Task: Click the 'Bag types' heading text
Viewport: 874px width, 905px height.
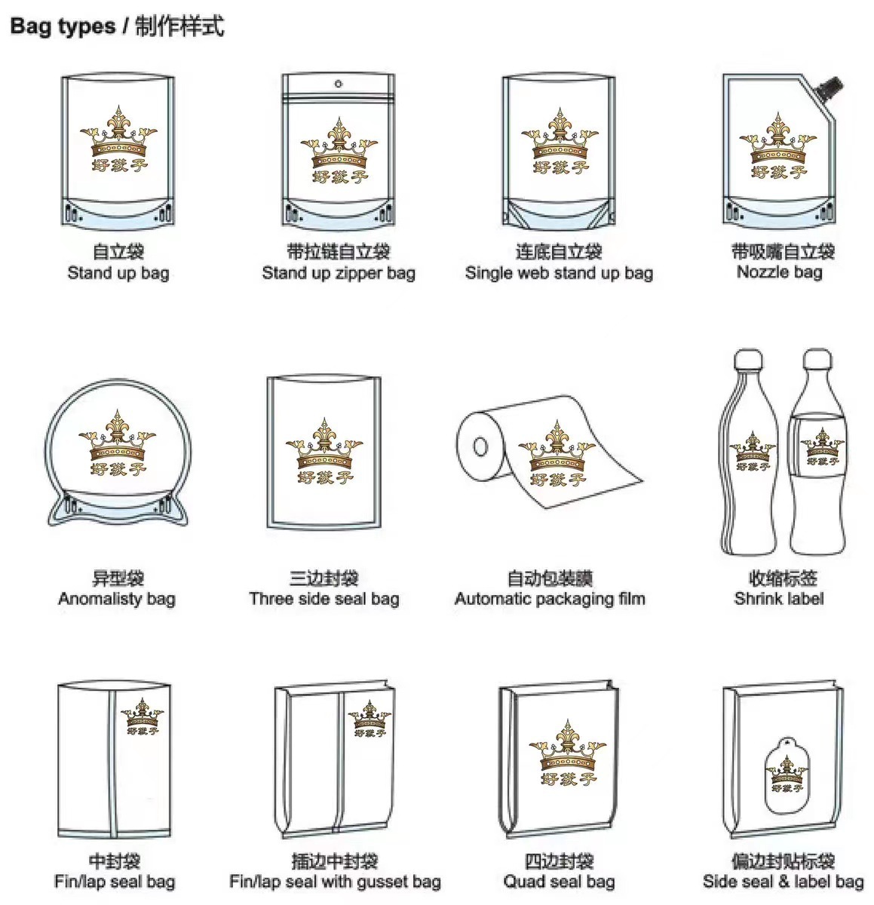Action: pos(63,26)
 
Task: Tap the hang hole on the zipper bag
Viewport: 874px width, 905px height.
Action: pos(339,84)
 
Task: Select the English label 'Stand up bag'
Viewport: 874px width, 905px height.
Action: pos(118,272)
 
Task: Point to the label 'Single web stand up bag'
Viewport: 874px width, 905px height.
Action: pos(560,272)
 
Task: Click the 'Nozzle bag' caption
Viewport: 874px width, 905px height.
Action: pos(780,271)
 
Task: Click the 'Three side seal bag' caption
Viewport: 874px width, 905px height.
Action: pos(324,599)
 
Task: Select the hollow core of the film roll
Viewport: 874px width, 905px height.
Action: pos(480,447)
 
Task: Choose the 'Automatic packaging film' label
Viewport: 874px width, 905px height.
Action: pos(550,599)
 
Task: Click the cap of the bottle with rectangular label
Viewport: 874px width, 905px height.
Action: pos(817,360)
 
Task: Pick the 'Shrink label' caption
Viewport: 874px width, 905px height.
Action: pos(779,598)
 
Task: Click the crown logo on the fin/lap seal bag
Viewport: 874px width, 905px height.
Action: pos(143,716)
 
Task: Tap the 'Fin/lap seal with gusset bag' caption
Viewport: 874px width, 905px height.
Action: pos(335,882)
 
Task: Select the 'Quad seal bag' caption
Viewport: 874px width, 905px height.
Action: pos(560,882)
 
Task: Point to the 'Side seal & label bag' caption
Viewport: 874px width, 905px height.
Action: pos(784,882)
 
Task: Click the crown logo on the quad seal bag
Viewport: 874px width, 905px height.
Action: pos(568,753)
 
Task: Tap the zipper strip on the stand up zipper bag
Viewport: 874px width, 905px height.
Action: pos(339,97)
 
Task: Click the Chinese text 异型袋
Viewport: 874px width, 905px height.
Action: pos(118,578)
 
